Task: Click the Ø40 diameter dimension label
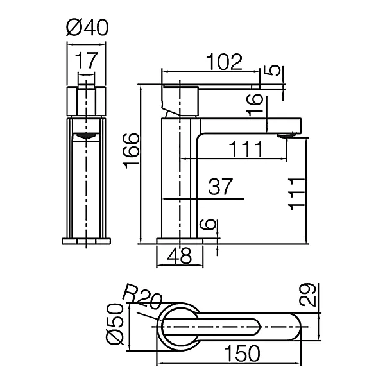87,28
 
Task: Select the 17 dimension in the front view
86,60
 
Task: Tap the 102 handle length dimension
224,62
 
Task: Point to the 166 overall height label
131,151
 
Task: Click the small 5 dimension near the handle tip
272,71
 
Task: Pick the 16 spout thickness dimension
255,105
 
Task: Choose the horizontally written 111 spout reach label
246,150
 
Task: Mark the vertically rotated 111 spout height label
297,194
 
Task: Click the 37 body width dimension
220,187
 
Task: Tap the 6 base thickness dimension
208,225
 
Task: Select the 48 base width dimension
180,255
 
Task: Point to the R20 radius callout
142,296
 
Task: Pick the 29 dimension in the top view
307,295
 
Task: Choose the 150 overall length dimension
242,354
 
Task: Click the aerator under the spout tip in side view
287,135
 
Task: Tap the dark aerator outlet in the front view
86,135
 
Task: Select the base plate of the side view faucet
180,241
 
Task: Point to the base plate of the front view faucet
86,241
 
